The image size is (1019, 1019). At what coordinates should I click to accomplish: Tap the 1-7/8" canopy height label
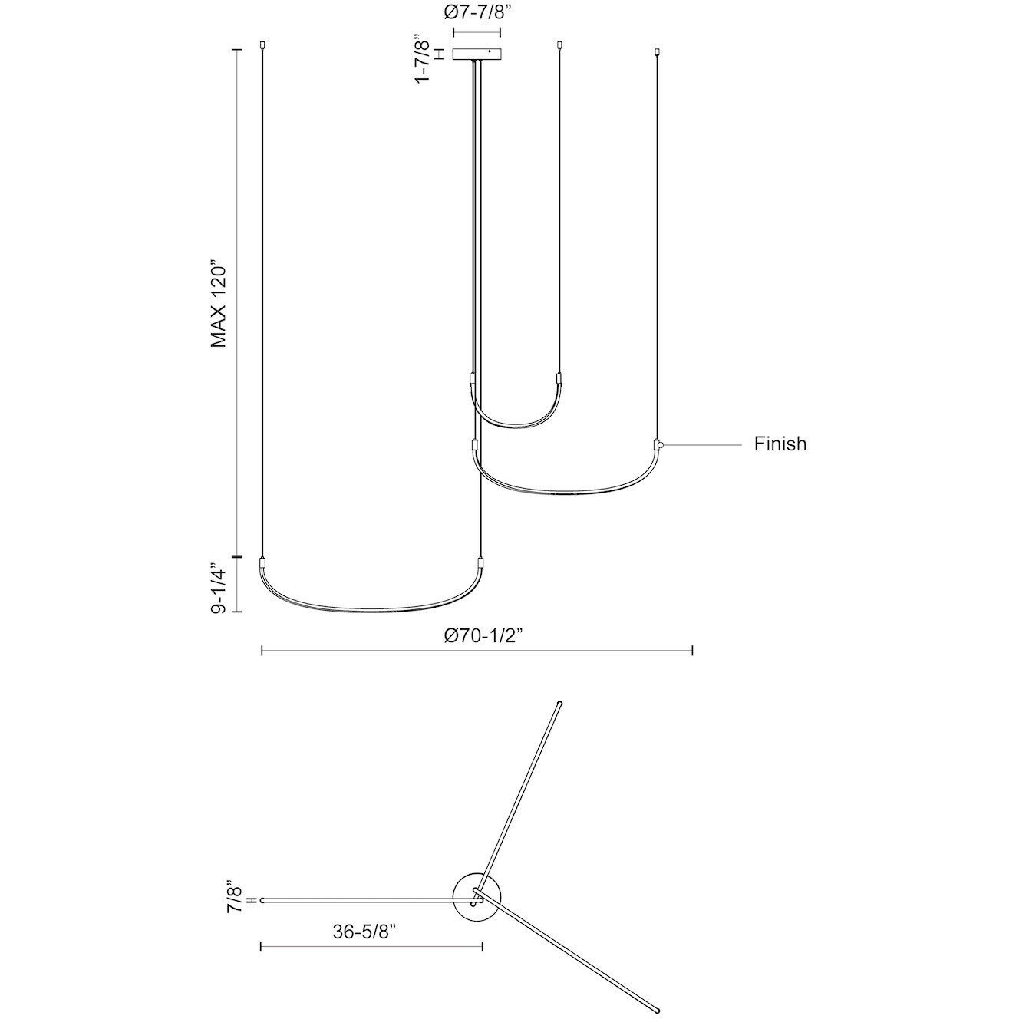click(x=421, y=58)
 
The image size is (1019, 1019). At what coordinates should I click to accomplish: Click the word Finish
click(x=780, y=444)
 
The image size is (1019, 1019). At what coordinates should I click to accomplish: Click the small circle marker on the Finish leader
click(x=661, y=444)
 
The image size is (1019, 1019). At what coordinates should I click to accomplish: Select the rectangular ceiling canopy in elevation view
click(x=477, y=54)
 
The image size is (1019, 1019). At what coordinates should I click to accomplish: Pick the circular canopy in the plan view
click(x=477, y=898)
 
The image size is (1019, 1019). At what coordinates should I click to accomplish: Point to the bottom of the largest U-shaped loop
click(x=371, y=612)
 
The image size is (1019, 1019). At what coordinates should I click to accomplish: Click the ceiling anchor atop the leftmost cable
click(x=262, y=45)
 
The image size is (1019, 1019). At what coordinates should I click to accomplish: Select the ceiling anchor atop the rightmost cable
click(x=657, y=52)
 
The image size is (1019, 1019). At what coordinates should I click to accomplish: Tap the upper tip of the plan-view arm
click(x=559, y=702)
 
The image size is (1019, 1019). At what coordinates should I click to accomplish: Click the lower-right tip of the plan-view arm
click(x=657, y=1011)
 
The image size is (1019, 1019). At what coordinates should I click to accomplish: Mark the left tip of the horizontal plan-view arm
click(x=263, y=899)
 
